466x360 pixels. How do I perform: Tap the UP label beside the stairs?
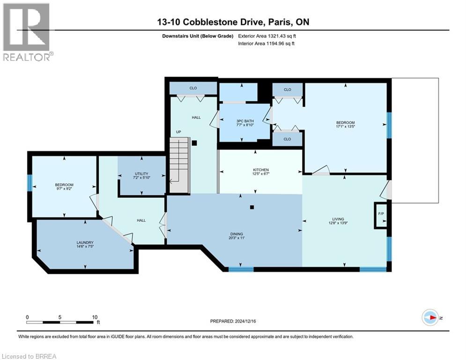click(x=178, y=132)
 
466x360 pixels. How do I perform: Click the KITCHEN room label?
click(x=261, y=170)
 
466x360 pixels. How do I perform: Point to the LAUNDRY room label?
click(x=85, y=243)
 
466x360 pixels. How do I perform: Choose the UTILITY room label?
click(x=141, y=174)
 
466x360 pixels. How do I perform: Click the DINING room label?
click(x=237, y=234)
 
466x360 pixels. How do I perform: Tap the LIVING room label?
click(x=338, y=219)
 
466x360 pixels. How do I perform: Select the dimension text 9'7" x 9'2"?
click(x=64, y=189)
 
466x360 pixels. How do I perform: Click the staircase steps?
click(x=178, y=159)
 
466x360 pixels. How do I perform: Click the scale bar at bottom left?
click(x=59, y=322)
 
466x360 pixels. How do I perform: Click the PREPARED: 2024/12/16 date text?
click(x=234, y=321)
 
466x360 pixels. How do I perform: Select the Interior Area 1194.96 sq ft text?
click(x=266, y=44)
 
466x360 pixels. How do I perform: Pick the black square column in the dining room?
click(x=252, y=207)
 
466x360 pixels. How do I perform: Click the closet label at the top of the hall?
click(x=193, y=88)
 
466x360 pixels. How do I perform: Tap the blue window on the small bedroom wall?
click(x=30, y=183)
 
